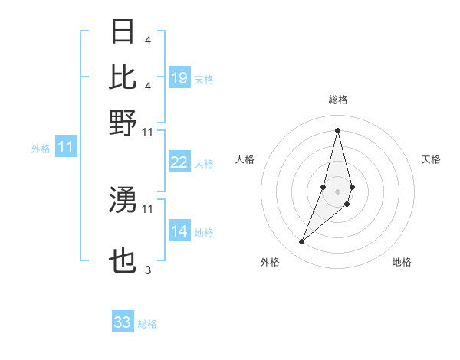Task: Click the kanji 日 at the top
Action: (123, 31)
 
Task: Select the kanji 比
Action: (123, 77)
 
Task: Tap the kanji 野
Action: (123, 123)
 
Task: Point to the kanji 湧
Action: (123, 200)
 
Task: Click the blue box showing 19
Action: (179, 78)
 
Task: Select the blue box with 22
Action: (179, 162)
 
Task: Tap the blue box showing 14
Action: (179, 231)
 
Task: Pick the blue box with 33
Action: (123, 322)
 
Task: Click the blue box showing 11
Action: (66, 147)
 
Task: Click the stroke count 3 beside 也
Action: (147, 270)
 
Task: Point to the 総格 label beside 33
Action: (147, 324)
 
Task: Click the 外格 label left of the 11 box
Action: (41, 149)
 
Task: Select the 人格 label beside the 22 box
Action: (204, 164)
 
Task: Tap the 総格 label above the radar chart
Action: (338, 100)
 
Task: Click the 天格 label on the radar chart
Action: (431, 159)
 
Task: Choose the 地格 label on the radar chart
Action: (402, 262)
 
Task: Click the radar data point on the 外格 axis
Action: (302, 242)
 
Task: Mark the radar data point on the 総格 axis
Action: (338, 130)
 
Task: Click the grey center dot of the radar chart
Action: (338, 191)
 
